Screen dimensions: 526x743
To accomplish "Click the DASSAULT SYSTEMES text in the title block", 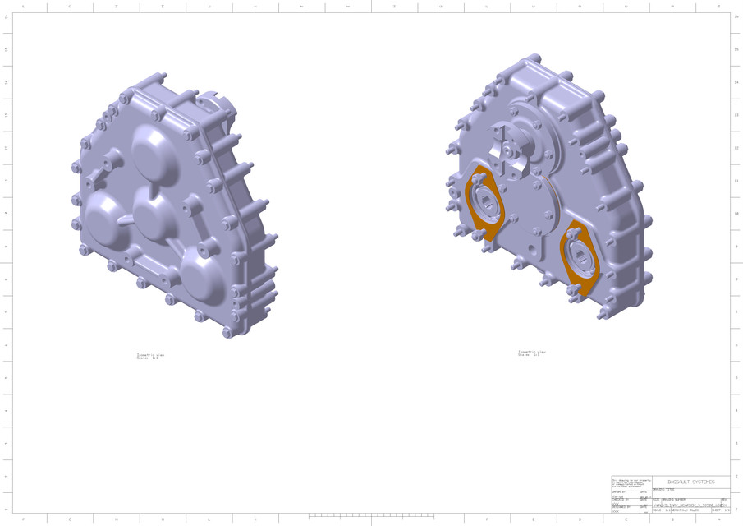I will pos(690,482).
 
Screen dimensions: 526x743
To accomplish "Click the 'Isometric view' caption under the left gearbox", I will pos(150,356).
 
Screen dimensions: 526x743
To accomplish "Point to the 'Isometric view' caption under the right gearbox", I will pos(531,352).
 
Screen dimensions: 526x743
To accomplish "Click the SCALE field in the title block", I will pos(660,510).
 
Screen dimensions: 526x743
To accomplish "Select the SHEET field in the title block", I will pos(720,510).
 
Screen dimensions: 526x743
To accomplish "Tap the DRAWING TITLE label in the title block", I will pos(663,489).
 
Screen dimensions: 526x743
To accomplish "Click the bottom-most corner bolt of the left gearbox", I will pos(227,331).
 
